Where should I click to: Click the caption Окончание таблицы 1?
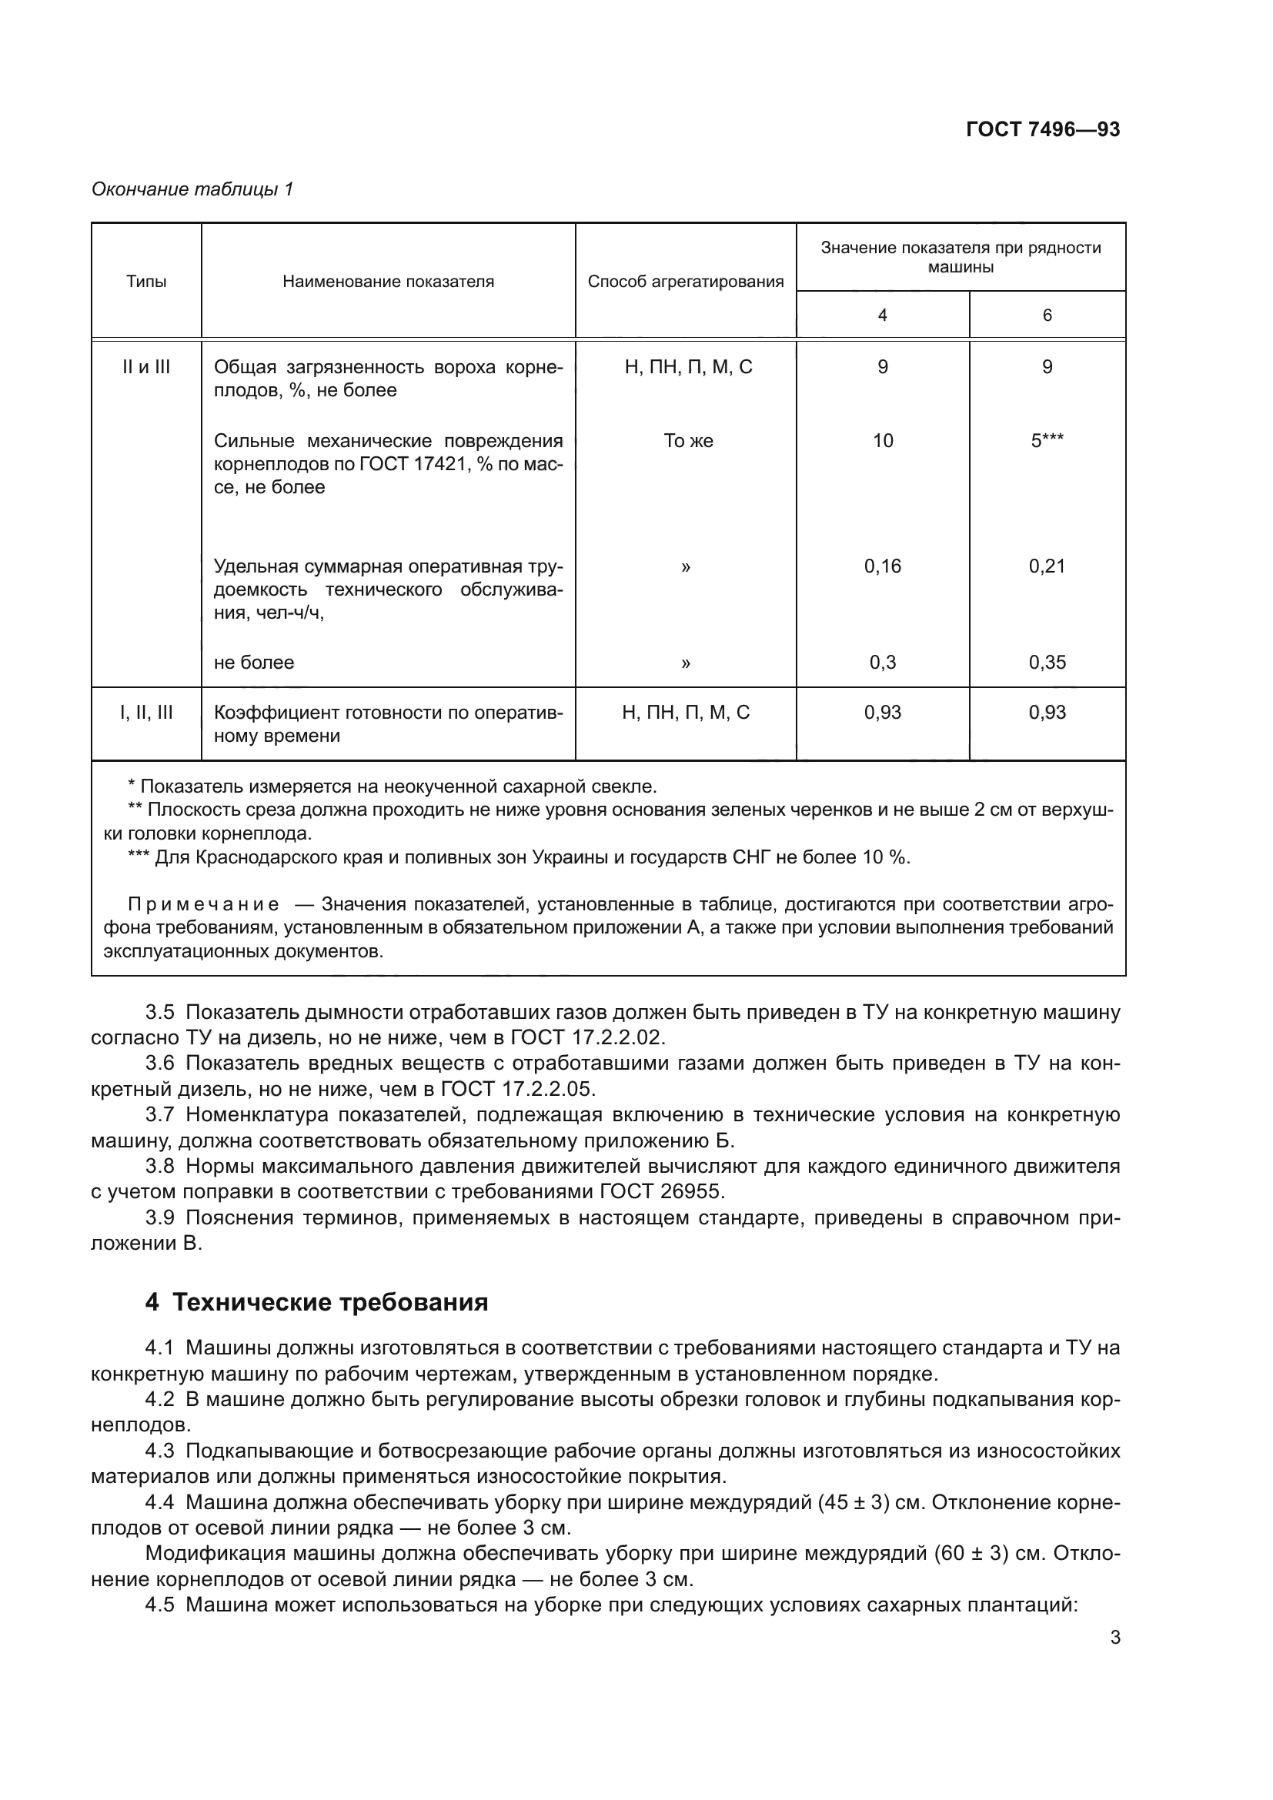[192, 190]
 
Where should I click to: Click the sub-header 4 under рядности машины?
[882, 316]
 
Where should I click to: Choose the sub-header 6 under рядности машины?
[1047, 316]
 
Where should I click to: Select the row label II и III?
[146, 368]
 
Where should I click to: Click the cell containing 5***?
[1047, 442]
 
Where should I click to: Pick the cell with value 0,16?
[882, 567]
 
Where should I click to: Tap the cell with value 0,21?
[1047, 567]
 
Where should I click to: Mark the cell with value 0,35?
[1047, 663]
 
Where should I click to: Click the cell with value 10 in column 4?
[883, 442]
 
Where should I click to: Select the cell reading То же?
[687, 442]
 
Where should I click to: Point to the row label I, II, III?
[146, 713]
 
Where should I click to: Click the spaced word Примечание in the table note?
[203, 905]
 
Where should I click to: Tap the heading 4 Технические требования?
[316, 1303]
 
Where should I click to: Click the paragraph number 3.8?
[160, 1167]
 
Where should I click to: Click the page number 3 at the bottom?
[1114, 1638]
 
